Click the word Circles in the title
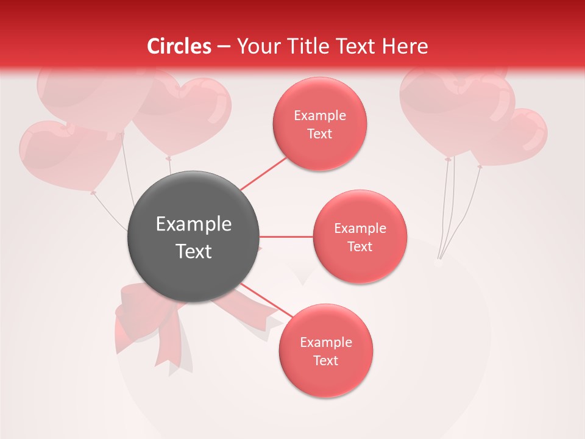tap(179, 46)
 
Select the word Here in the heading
tap(405, 46)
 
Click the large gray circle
tap(194, 237)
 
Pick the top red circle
tap(319, 124)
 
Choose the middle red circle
tap(360, 237)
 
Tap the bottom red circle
tap(325, 351)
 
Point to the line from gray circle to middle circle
tap(286, 237)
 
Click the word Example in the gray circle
tap(194, 224)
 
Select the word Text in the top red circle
tap(319, 134)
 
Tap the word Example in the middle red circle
tap(360, 229)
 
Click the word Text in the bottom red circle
tap(325, 361)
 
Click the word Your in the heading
tap(255, 46)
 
